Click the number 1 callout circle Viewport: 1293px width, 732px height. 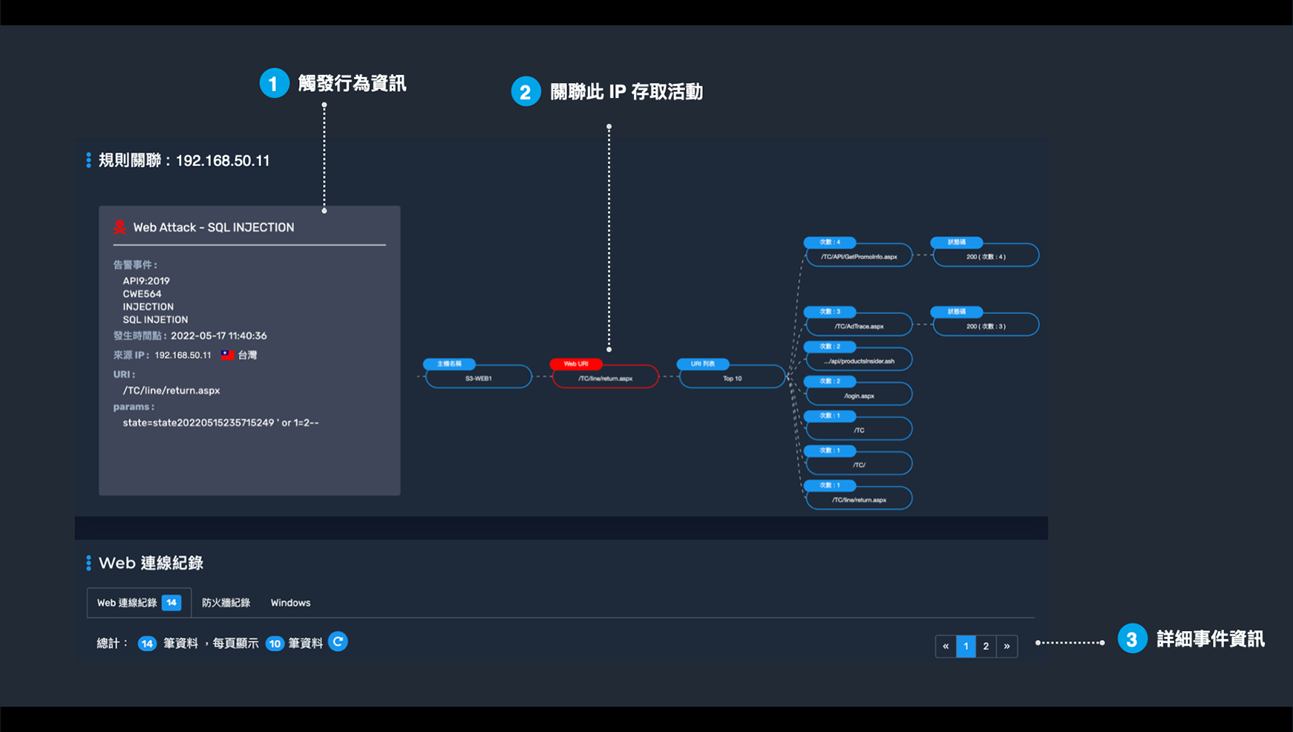pos(274,83)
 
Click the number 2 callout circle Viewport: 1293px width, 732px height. pos(526,91)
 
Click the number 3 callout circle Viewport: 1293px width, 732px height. pos(1132,639)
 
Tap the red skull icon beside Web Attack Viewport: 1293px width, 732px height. pos(120,227)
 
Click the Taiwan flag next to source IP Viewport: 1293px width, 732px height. pos(227,355)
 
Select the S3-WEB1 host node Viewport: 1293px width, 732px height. pos(479,378)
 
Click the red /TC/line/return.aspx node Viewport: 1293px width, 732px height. pos(606,378)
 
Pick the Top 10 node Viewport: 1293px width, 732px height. pos(733,378)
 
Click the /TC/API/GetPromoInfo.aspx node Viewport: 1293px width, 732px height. pos(859,256)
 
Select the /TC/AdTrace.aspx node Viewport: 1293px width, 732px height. pos(859,326)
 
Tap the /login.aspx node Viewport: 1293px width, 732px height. pos(859,396)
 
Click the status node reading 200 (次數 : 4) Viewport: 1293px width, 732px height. pos(986,256)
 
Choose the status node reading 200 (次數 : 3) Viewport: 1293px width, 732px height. pos(986,326)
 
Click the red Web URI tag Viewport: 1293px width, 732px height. pos(576,364)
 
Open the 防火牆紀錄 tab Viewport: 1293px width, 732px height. pos(226,603)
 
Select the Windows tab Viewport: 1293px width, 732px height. pos(290,603)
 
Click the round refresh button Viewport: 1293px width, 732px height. pos(338,641)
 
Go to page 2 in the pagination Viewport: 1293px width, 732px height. pos(986,646)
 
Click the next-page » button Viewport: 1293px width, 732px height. pos(1006,646)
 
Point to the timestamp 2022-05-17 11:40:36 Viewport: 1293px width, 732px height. pos(219,336)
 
